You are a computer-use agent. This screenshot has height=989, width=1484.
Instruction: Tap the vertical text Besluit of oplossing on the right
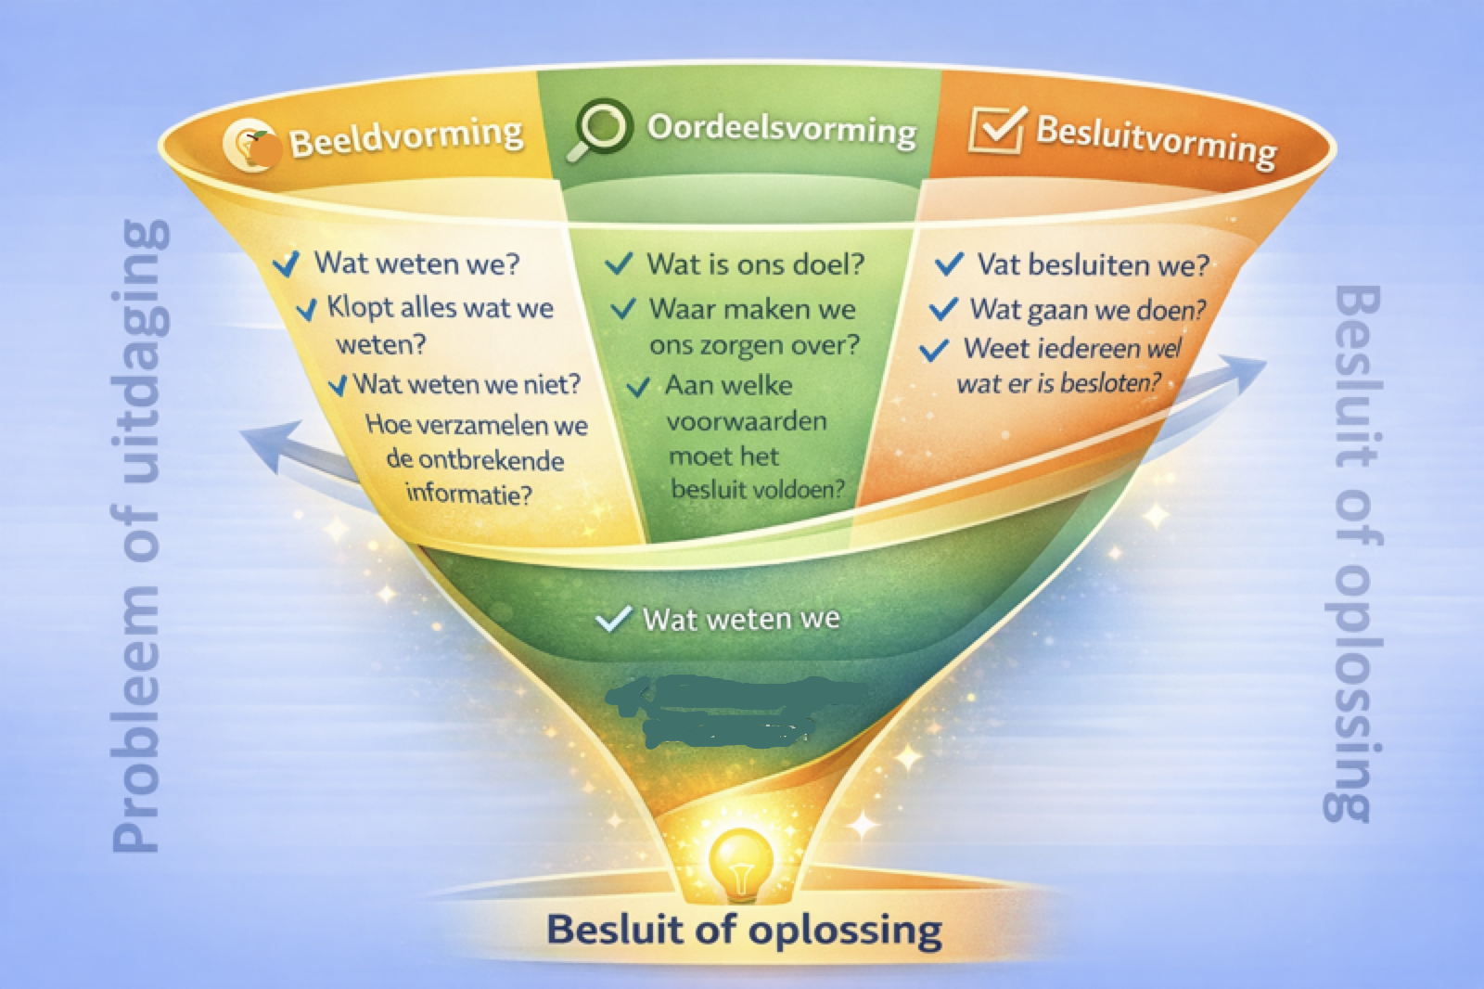[x=1352, y=552]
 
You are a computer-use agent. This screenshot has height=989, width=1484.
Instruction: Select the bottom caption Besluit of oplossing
[x=744, y=929]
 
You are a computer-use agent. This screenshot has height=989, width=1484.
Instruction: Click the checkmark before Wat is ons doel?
[x=619, y=264]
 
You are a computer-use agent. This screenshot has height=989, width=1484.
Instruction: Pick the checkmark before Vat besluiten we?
[x=949, y=264]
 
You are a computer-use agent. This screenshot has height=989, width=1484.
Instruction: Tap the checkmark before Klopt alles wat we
[x=306, y=309]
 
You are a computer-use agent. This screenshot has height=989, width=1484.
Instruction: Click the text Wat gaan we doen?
[x=1087, y=309]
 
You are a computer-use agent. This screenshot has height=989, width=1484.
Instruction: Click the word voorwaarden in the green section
[x=747, y=421]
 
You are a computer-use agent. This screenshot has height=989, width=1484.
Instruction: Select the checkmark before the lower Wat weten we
[x=614, y=619]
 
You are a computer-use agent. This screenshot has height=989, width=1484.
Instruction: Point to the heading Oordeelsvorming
[x=781, y=129]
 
